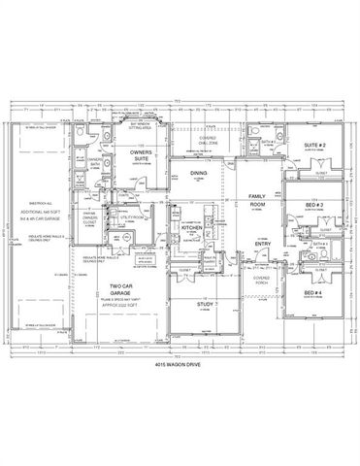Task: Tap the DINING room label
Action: tap(197, 174)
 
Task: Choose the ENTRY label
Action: tap(261, 244)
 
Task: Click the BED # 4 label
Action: tap(311, 293)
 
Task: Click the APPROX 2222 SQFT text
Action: tap(121, 307)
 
